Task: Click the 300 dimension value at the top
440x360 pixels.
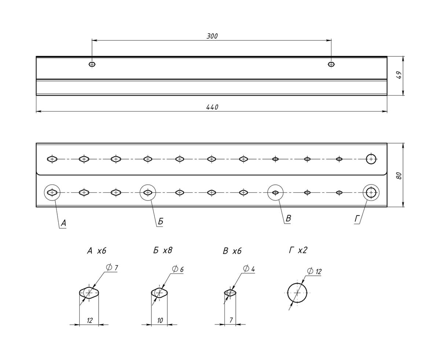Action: click(212, 36)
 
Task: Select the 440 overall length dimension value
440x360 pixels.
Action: click(212, 107)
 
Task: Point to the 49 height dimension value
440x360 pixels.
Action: click(399, 76)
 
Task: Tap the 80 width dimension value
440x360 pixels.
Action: click(399, 175)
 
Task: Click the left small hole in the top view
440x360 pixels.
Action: click(92, 64)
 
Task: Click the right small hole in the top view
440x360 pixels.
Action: click(331, 64)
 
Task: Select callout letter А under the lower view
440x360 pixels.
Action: click(63, 223)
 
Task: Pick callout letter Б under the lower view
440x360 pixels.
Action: click(161, 221)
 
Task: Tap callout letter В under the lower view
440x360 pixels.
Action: click(288, 218)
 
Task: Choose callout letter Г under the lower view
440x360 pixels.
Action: click(357, 219)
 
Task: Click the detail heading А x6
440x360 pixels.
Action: click(96, 251)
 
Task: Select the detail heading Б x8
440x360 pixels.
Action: click(163, 250)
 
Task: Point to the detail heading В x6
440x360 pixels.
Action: click(232, 251)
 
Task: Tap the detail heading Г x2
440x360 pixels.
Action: click(298, 250)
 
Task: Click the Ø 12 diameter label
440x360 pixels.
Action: click(314, 271)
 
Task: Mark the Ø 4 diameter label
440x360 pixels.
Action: click(249, 269)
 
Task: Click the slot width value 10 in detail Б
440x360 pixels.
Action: click(160, 320)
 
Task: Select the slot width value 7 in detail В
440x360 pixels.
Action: click(231, 320)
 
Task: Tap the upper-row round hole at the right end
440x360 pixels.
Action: click(371, 159)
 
